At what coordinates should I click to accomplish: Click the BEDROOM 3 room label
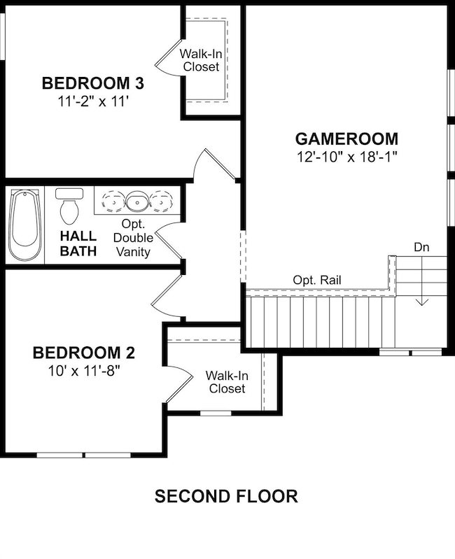pyautogui.click(x=93, y=83)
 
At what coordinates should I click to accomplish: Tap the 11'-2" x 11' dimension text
pyautogui.click(x=93, y=102)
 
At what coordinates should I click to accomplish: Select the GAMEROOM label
pyautogui.click(x=346, y=139)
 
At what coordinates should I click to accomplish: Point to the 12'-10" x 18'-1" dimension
pyautogui.click(x=347, y=157)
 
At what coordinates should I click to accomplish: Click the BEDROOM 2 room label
pyautogui.click(x=84, y=353)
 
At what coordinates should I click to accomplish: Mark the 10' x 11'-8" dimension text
pyautogui.click(x=84, y=372)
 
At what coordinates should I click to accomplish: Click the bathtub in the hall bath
pyautogui.click(x=24, y=225)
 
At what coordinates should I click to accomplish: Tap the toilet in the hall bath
pyautogui.click(x=69, y=206)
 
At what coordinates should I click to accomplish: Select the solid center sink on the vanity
pyautogui.click(x=137, y=202)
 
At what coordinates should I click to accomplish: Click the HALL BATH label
pyautogui.click(x=78, y=243)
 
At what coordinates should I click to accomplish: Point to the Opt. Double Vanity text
pyautogui.click(x=133, y=238)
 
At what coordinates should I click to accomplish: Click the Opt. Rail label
pyautogui.click(x=317, y=281)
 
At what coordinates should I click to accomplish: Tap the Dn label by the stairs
pyautogui.click(x=421, y=247)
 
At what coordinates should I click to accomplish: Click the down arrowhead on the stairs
pyautogui.click(x=422, y=302)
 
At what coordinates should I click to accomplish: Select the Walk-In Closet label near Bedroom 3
pyautogui.click(x=201, y=60)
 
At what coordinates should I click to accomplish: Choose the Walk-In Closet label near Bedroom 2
pyautogui.click(x=227, y=382)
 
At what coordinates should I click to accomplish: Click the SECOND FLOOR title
pyautogui.click(x=226, y=496)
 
